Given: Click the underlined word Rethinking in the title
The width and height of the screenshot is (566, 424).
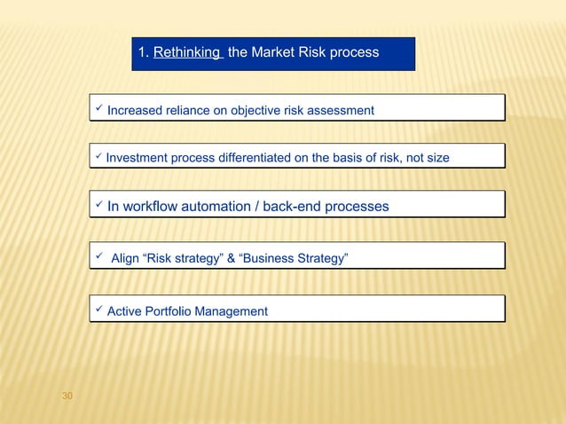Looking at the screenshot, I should (x=187, y=53).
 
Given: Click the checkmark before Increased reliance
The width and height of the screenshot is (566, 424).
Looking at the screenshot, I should (x=98, y=109).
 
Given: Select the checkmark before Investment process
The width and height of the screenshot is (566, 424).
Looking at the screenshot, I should (x=98, y=157).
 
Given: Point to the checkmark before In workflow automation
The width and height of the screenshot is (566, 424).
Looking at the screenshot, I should (x=98, y=206).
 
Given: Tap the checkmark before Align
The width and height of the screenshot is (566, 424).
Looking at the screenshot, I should (x=98, y=258).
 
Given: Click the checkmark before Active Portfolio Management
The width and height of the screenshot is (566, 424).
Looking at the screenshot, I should (x=98, y=310).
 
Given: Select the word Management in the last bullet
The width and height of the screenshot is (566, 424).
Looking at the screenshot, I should (x=233, y=311).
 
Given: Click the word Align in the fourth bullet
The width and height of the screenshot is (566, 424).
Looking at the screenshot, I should (x=125, y=259).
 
